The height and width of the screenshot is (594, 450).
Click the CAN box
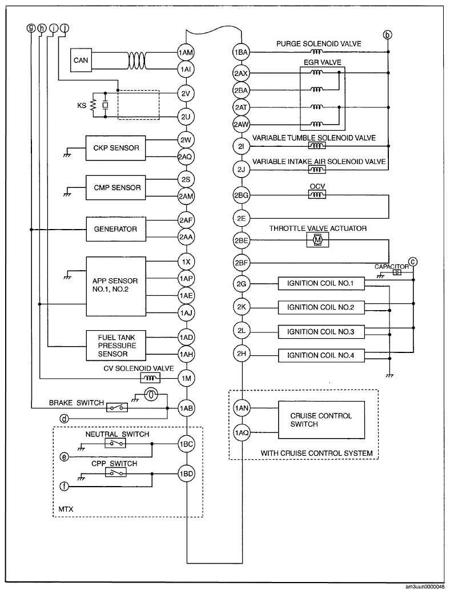(81, 60)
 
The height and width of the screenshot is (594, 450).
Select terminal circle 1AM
(186, 53)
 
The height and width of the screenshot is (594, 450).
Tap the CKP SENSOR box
(116, 148)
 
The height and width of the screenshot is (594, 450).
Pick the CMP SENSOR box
(116, 187)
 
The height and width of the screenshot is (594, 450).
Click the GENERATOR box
(116, 229)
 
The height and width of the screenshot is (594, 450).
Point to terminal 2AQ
(186, 156)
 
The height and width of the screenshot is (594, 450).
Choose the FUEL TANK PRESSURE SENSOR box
(116, 346)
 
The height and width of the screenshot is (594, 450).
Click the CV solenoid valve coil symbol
(151, 378)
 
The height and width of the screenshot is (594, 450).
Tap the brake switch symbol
(117, 408)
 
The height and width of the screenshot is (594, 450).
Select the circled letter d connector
(65, 419)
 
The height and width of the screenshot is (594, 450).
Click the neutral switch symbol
(116, 444)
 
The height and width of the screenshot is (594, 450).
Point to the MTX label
(66, 509)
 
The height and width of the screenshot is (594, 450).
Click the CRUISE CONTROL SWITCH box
(322, 420)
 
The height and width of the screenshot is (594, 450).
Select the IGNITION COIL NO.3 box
(321, 332)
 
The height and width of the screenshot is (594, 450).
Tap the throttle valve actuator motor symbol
(318, 239)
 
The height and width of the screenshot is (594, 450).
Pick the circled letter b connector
(387, 35)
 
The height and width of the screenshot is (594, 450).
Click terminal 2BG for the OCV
(242, 195)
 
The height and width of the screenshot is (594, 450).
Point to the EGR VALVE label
(322, 62)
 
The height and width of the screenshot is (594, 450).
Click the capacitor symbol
(396, 272)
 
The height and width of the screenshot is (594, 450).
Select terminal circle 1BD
(186, 473)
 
